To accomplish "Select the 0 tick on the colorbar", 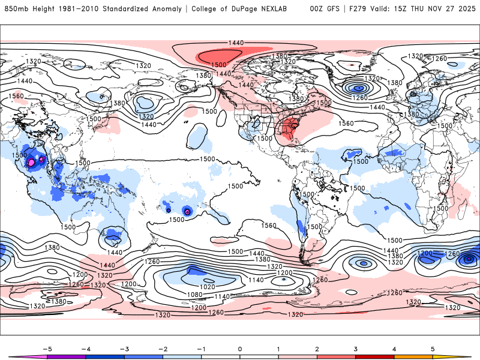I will pyautogui.click(x=240, y=347).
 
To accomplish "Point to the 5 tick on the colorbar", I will pyautogui.click(x=433, y=347).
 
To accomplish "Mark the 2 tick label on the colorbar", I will pyautogui.click(x=317, y=347).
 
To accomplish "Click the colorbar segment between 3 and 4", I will pyautogui.click(x=374, y=357).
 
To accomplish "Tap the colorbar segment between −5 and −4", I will pyautogui.click(x=66, y=357).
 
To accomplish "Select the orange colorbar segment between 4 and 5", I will pyautogui.click(x=413, y=357).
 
